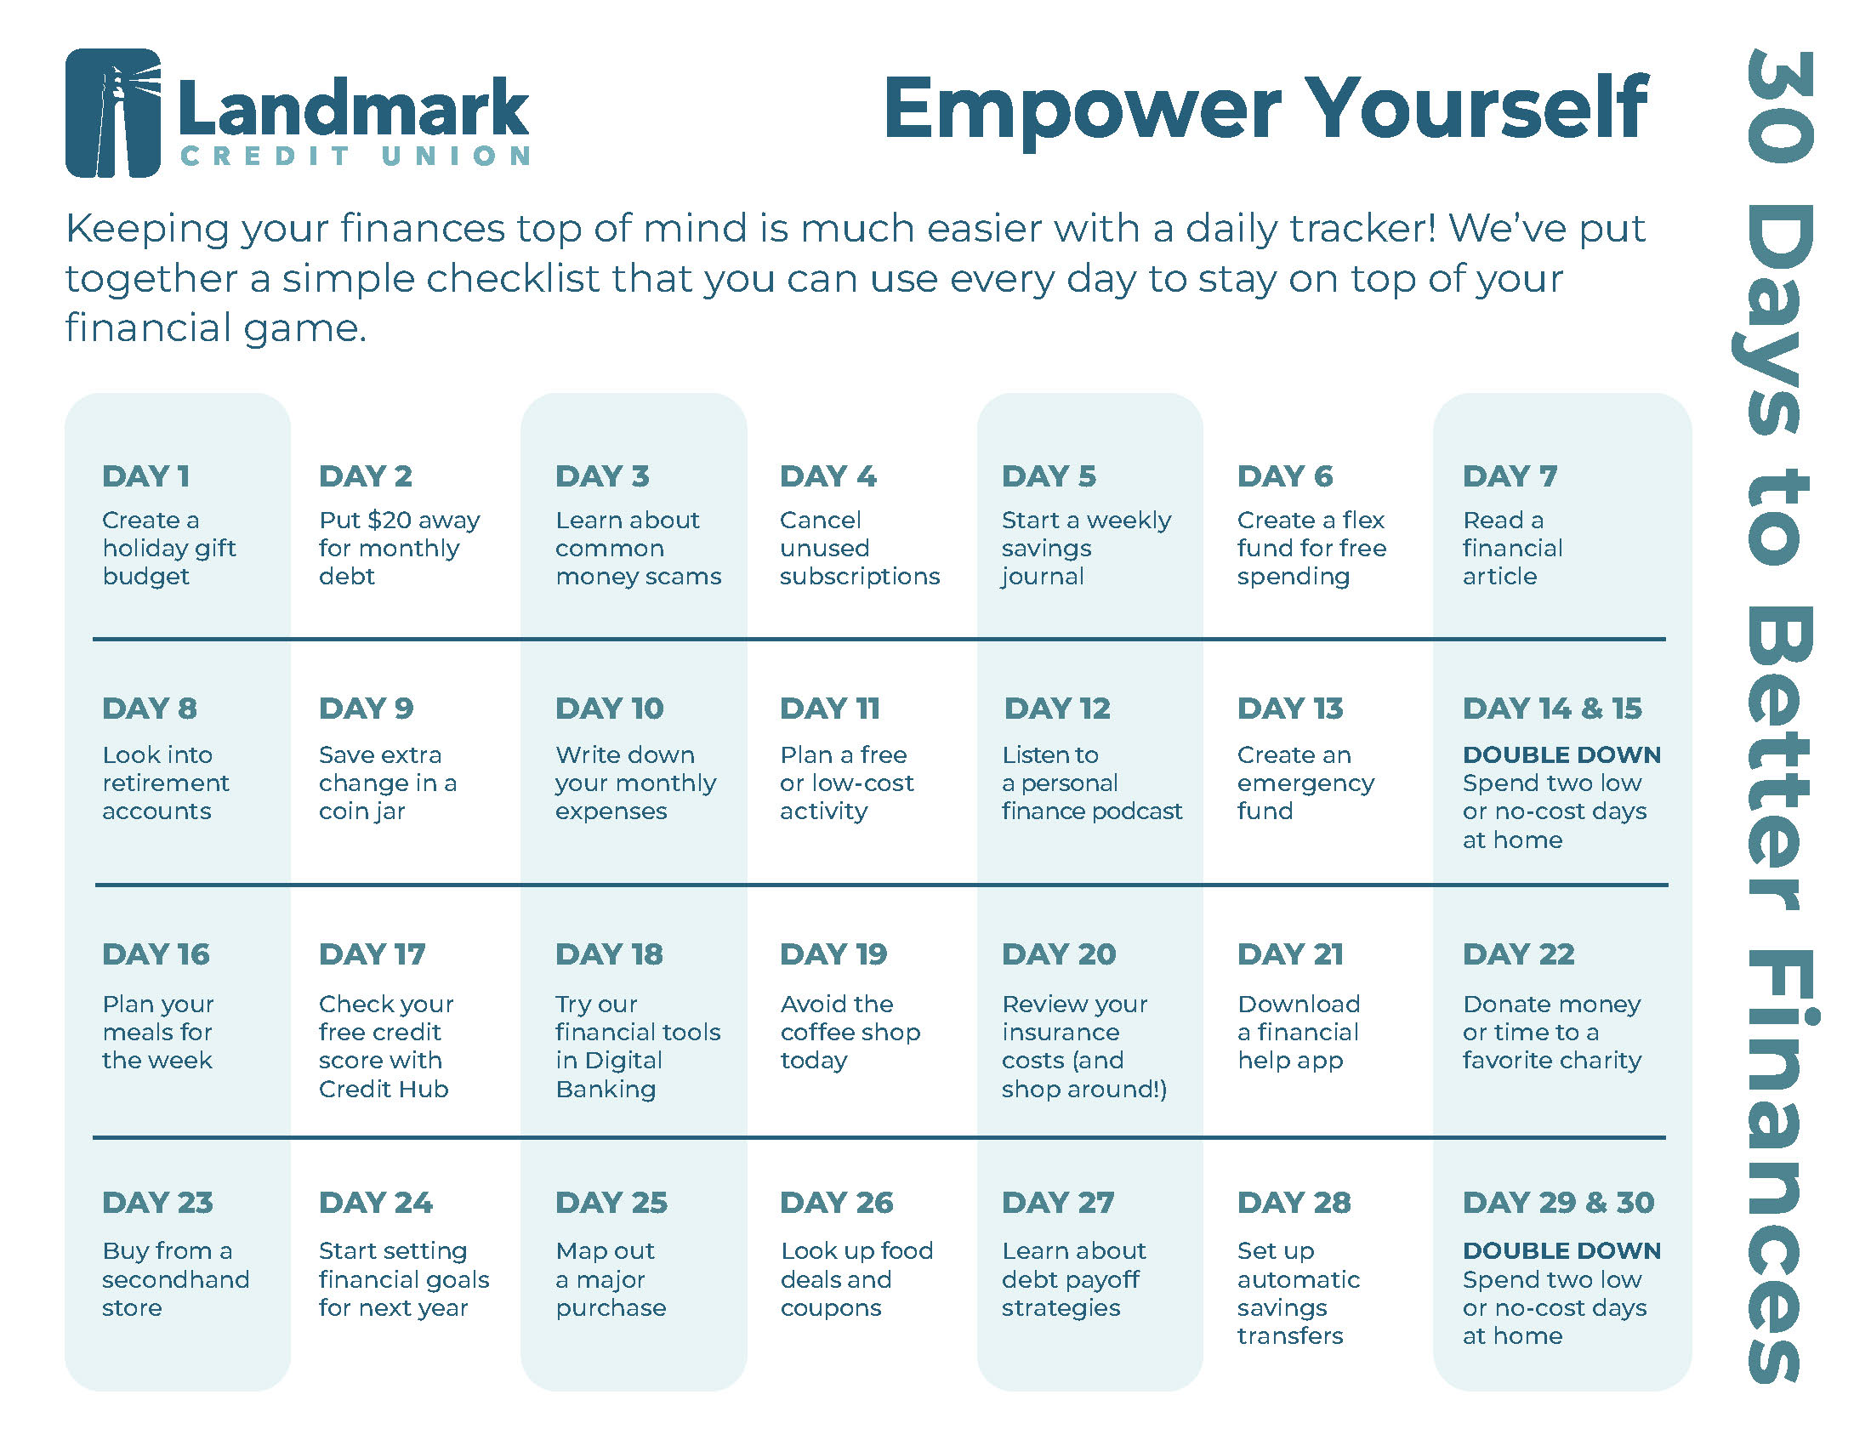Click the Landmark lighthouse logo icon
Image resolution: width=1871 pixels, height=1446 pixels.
pyautogui.click(x=113, y=113)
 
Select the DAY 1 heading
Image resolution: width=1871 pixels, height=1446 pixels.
pyautogui.click(x=145, y=476)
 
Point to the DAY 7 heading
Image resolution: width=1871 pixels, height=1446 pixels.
pyautogui.click(x=1510, y=476)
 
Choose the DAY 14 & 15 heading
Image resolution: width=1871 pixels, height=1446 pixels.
pyautogui.click(x=1552, y=709)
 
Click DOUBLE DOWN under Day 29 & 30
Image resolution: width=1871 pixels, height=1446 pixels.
pyautogui.click(x=1561, y=1251)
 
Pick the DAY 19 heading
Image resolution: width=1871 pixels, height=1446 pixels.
pyautogui.click(x=833, y=954)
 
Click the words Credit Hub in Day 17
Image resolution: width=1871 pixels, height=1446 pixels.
pyautogui.click(x=384, y=1089)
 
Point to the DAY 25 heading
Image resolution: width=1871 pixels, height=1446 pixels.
pyautogui.click(x=611, y=1203)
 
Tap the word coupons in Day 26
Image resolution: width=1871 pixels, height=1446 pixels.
pyautogui.click(x=831, y=1309)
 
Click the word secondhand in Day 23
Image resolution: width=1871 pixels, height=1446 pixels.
pyautogui.click(x=176, y=1280)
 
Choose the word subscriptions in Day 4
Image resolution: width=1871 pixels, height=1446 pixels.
pyautogui.click(x=860, y=577)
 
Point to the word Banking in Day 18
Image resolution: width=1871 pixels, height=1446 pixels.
pyautogui.click(x=606, y=1090)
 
